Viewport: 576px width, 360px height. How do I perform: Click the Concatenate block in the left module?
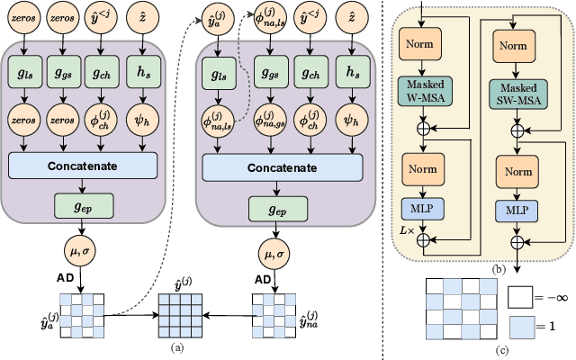click(83, 165)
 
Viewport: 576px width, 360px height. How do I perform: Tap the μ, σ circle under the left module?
click(82, 249)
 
